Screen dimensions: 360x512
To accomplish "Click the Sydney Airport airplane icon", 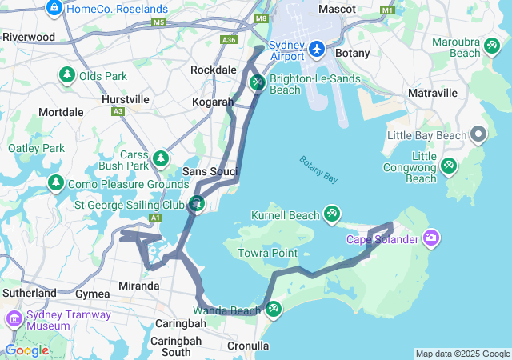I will [x=317, y=50].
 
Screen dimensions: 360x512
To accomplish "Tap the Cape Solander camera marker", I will [x=431, y=238].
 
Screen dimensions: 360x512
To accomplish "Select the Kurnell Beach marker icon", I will [x=332, y=214].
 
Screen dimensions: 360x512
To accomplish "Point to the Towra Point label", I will [x=267, y=254].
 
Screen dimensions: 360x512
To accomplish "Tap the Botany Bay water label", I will [x=318, y=170].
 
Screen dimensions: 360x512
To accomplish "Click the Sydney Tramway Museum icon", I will [x=14, y=320].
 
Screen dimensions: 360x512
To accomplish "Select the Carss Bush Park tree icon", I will [x=162, y=158].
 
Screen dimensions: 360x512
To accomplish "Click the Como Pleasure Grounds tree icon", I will [x=56, y=184].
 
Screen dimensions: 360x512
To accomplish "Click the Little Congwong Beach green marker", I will [x=449, y=166].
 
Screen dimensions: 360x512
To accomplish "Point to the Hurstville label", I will [x=126, y=99].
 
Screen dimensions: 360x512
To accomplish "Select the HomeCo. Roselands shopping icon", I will [x=54, y=9].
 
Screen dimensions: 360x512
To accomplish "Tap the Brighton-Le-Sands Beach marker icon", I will [x=258, y=82].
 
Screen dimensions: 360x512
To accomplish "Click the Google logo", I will [x=26, y=350].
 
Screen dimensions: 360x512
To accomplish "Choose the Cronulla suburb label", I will [x=248, y=346].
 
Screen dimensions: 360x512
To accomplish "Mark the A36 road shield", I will [x=230, y=39].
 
